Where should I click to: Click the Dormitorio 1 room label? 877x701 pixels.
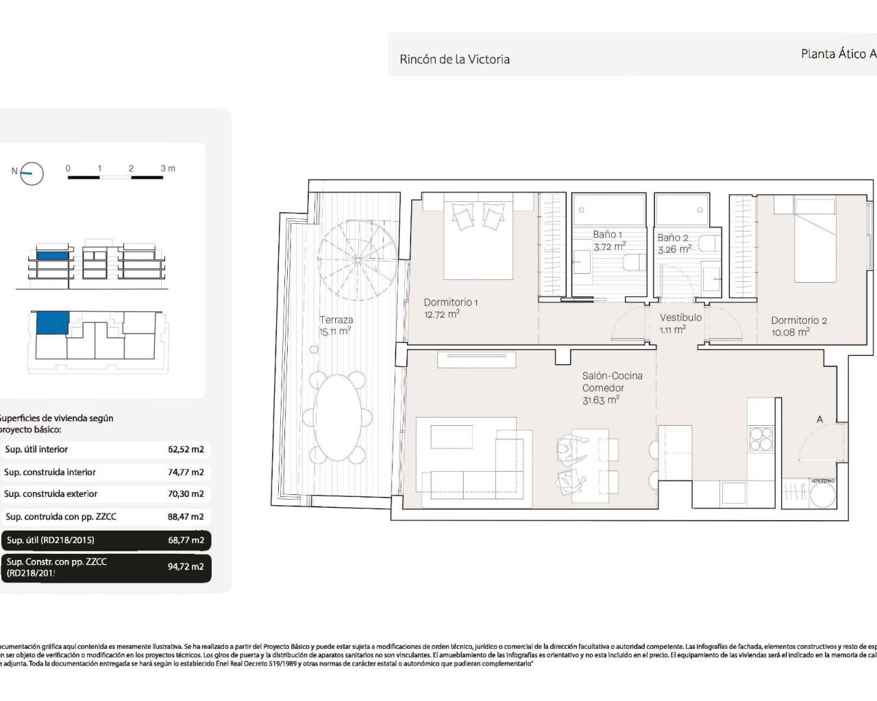450,302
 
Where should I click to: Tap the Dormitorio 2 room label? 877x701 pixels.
799,320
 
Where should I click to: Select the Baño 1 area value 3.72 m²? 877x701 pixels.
609,246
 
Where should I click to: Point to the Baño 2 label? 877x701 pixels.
672,238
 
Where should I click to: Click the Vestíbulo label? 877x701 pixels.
680,318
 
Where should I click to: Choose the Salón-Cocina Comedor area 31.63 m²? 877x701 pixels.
601,400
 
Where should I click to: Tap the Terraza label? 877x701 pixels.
336,320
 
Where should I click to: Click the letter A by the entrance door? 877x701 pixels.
819,419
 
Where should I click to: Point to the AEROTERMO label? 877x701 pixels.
823,481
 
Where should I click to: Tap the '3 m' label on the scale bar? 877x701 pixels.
168,168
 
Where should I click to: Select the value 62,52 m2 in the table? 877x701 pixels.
186,450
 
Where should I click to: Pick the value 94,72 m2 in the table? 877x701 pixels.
186,567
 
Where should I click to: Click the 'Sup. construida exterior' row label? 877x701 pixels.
51,494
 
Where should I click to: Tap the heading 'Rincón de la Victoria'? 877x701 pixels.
454,60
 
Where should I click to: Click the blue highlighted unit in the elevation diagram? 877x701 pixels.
53,256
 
